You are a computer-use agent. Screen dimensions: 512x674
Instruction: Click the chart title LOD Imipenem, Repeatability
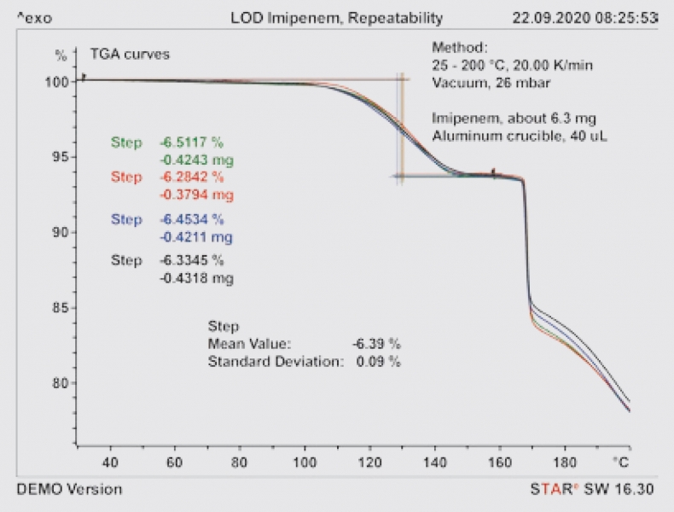tap(337, 17)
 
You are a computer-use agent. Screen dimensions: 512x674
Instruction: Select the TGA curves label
tap(131, 54)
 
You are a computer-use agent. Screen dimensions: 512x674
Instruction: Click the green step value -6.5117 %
tap(191, 143)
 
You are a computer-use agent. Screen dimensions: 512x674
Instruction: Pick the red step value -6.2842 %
tap(191, 177)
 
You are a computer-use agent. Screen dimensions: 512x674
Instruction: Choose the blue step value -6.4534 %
tap(191, 219)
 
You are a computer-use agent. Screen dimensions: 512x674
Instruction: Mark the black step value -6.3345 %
tap(191, 260)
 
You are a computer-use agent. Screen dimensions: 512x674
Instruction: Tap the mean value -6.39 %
tap(376, 344)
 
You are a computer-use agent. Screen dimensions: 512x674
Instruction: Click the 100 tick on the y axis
tap(55, 81)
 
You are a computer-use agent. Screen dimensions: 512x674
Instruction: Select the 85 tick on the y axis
tap(59, 308)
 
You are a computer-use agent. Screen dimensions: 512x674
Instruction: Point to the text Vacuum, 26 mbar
tap(491, 83)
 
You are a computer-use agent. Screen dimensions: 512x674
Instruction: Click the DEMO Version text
tap(69, 489)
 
